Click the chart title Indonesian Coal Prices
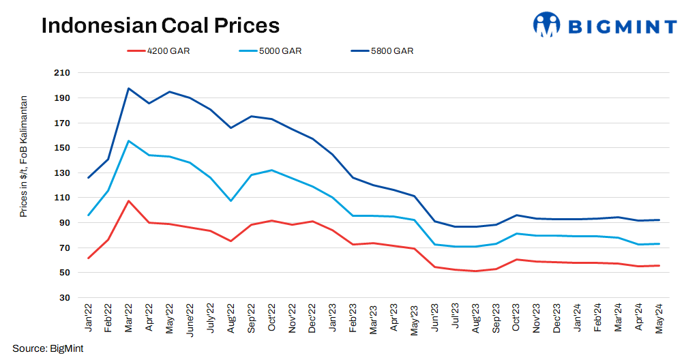(x=160, y=25)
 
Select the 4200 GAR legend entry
(x=158, y=50)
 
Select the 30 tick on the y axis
(x=64, y=298)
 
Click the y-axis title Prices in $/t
(x=24, y=156)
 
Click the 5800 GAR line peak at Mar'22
(x=128, y=89)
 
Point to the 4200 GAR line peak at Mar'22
(x=128, y=201)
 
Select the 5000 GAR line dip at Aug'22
(x=231, y=200)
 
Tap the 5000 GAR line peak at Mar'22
(x=128, y=141)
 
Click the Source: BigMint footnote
(x=48, y=348)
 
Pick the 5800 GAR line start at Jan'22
(x=88, y=178)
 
